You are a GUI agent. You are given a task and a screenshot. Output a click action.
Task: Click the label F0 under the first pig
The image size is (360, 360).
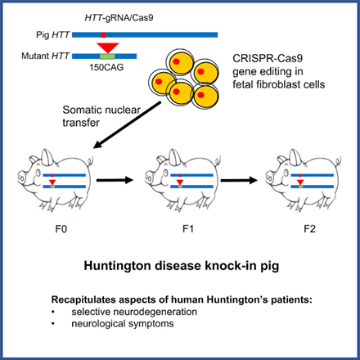61,229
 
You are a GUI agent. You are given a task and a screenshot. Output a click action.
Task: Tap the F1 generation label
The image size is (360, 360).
188,229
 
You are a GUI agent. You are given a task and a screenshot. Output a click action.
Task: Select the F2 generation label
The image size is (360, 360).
310,229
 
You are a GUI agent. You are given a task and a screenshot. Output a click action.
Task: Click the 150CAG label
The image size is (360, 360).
106,67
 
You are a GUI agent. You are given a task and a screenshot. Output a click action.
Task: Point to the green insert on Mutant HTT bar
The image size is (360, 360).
107,56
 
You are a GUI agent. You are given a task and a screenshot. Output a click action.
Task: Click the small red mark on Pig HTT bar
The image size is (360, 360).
104,34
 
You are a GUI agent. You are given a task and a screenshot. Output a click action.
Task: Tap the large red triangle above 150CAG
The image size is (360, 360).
108,47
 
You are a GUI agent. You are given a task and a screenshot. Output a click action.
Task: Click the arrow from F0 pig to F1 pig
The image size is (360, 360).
115,180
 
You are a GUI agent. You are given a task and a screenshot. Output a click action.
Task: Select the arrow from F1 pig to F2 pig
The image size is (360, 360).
239,180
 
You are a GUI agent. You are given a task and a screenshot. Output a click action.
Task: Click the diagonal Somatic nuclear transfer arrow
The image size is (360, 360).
127,125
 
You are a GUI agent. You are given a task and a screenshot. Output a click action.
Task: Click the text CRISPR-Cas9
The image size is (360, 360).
268,58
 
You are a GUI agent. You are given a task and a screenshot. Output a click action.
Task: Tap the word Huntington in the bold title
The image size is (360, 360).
118,266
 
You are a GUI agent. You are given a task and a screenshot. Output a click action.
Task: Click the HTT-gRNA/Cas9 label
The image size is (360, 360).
119,18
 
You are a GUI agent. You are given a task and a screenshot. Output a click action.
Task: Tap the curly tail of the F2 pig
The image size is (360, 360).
338,160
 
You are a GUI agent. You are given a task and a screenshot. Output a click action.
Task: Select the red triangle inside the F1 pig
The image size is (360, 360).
179,182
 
